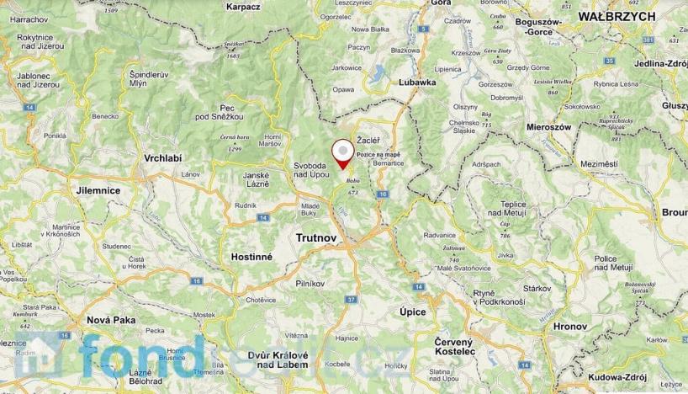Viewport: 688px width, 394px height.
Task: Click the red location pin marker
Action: click(343, 154)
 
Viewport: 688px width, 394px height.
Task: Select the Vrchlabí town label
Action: click(162, 158)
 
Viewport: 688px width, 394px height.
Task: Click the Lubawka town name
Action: click(417, 83)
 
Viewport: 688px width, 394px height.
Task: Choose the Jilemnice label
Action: click(97, 191)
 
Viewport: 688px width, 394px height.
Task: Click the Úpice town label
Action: click(412, 311)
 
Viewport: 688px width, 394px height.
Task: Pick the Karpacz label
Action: click(244, 6)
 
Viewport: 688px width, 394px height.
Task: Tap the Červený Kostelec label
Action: click(457, 348)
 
